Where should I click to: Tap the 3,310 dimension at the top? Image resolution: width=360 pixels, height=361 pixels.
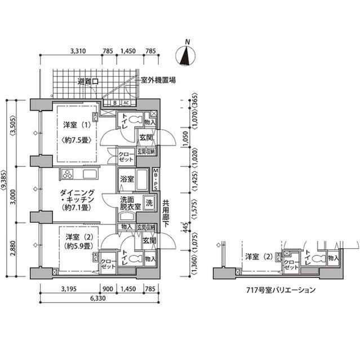pos(78,51)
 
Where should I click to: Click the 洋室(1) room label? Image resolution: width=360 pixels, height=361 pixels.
pos(73,125)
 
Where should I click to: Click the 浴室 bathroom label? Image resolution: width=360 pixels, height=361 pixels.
pos(127,179)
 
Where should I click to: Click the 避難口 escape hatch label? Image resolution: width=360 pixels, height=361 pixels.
pos(88,82)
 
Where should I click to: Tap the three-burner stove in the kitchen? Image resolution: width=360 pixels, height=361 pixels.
pos(68,173)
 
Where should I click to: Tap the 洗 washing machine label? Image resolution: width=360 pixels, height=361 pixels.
pos(149,202)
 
